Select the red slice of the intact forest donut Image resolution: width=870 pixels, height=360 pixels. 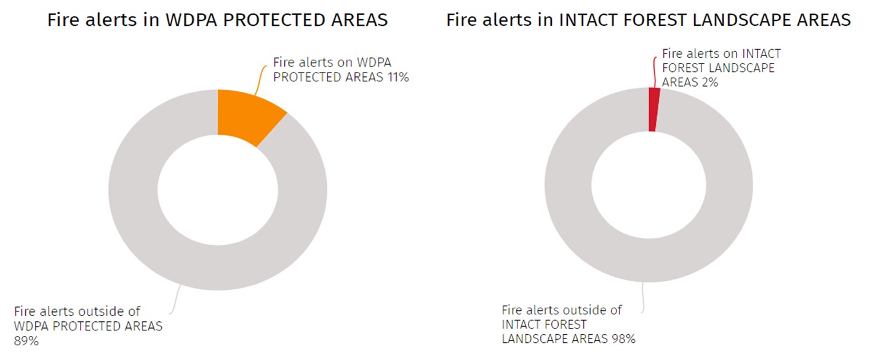click(x=653, y=110)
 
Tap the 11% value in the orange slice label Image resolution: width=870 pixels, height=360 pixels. click(x=398, y=78)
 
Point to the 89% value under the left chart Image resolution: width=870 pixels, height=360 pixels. click(x=26, y=341)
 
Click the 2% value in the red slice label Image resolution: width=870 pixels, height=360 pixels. click(x=707, y=82)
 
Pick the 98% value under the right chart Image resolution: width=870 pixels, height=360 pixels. click(x=624, y=338)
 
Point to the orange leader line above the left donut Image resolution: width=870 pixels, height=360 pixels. click(x=260, y=79)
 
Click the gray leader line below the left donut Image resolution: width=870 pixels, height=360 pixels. click(x=175, y=300)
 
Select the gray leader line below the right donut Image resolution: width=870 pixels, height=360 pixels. click(x=643, y=297)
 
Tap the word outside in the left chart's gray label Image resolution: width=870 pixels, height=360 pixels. click(x=101, y=311)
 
